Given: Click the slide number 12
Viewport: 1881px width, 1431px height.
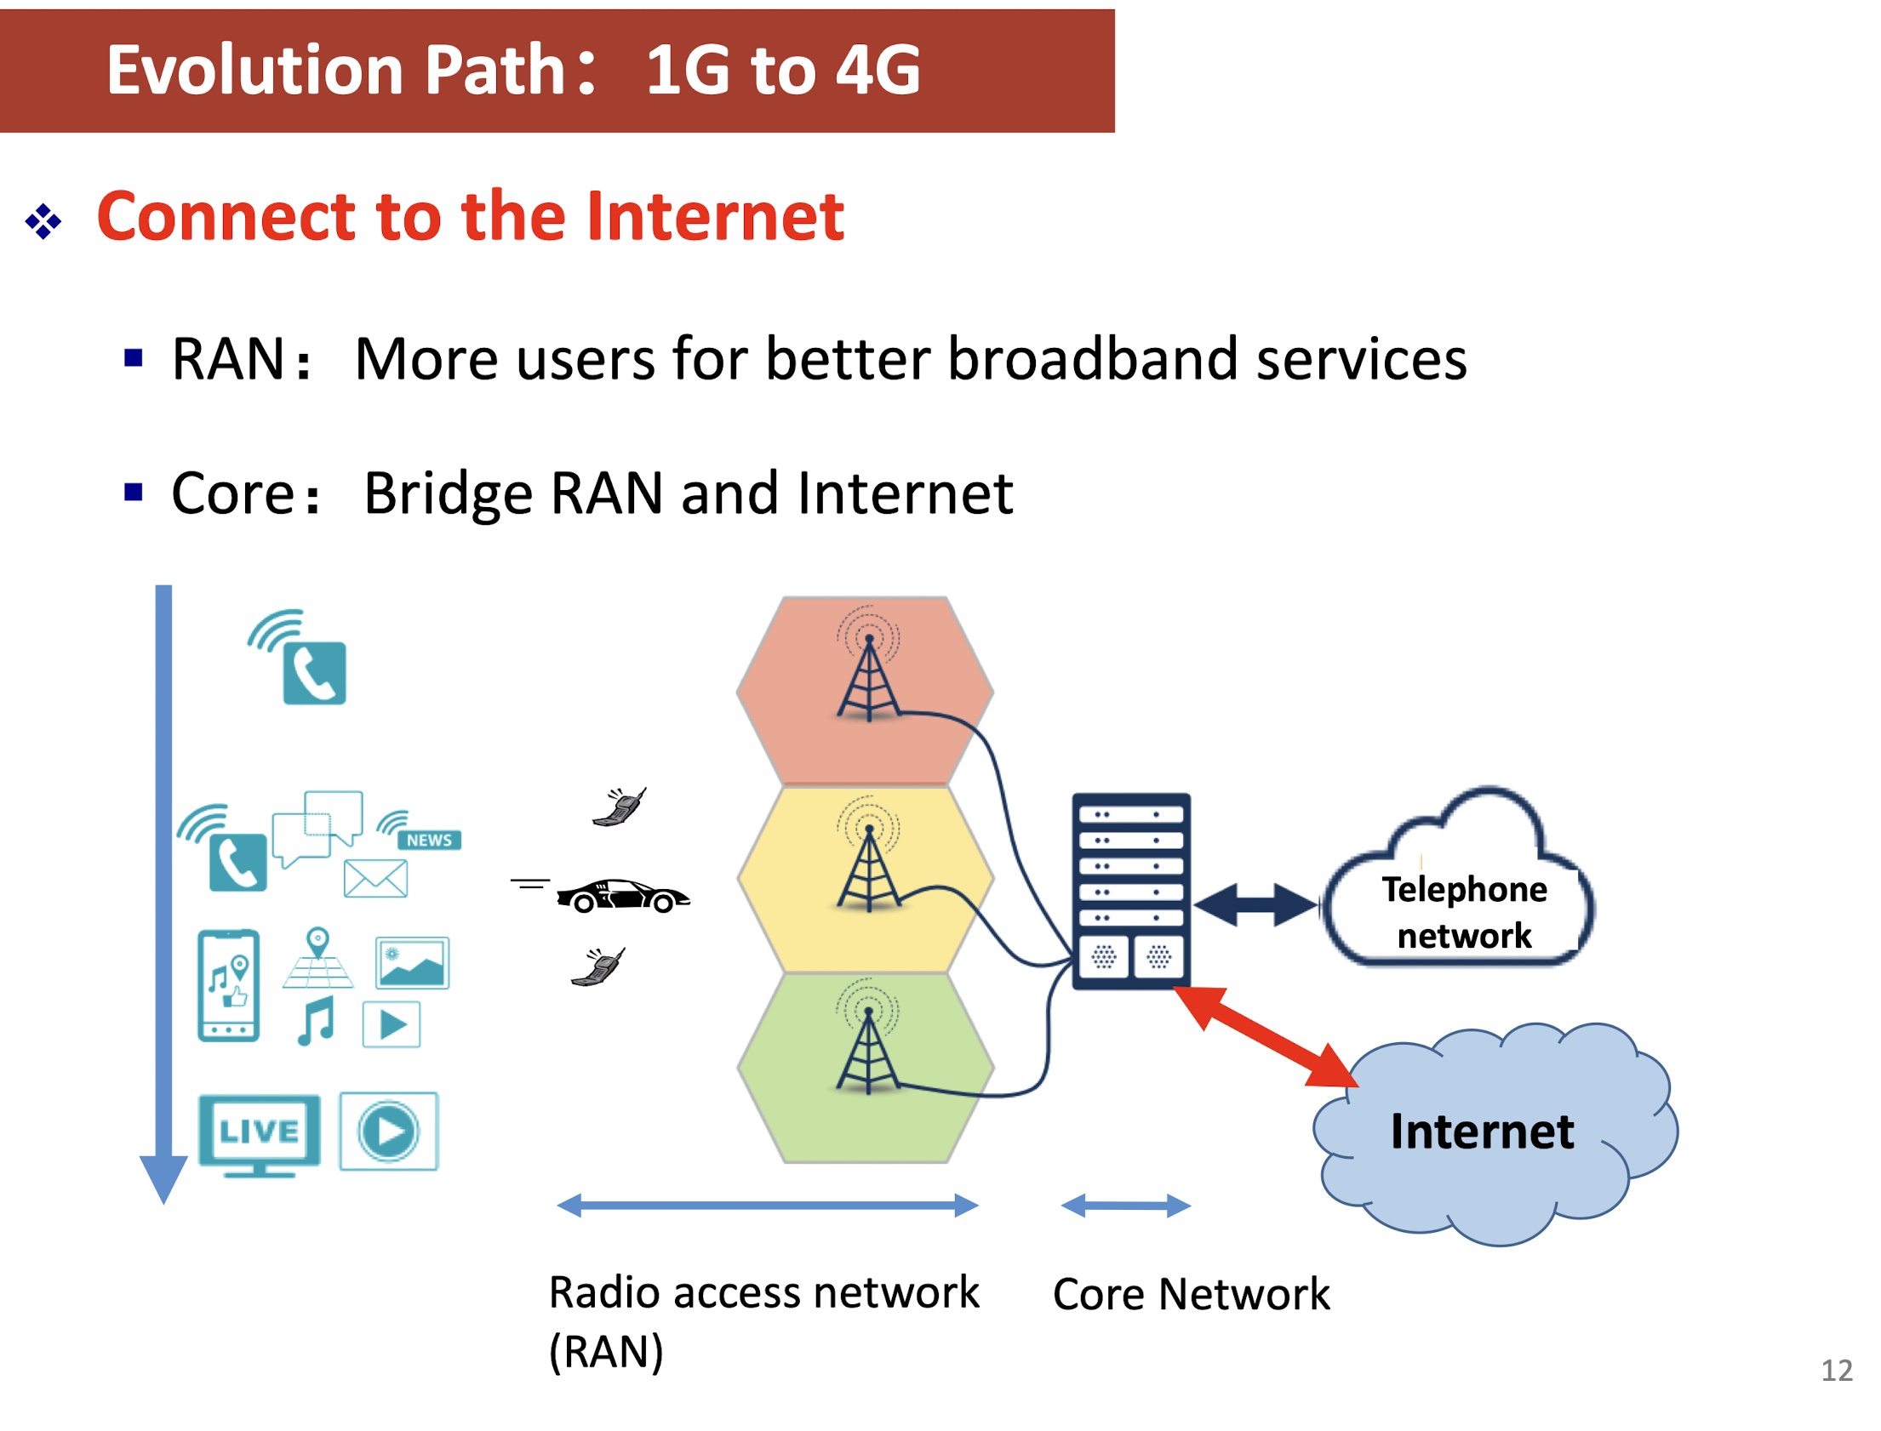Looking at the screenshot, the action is (x=1836, y=1371).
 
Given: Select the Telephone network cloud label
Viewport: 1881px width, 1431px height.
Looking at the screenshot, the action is (x=1463, y=911).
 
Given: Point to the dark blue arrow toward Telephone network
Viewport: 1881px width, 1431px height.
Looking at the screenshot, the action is (x=1255, y=904).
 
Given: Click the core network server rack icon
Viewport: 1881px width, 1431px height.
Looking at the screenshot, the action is (x=1130, y=891).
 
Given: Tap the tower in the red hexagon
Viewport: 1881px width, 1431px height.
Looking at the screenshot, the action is (x=868, y=678).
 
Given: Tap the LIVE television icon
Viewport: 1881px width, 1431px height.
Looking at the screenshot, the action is (x=259, y=1134).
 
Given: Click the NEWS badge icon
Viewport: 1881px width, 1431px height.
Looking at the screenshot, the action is (x=428, y=840).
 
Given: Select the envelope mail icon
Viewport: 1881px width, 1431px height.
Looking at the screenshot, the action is (x=374, y=878).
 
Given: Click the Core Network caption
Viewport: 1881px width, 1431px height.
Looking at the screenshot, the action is (x=1190, y=1294).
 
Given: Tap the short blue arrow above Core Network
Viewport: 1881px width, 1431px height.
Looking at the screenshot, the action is (x=1124, y=1206).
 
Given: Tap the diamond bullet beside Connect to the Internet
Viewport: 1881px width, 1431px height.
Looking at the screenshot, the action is (x=43, y=221).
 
